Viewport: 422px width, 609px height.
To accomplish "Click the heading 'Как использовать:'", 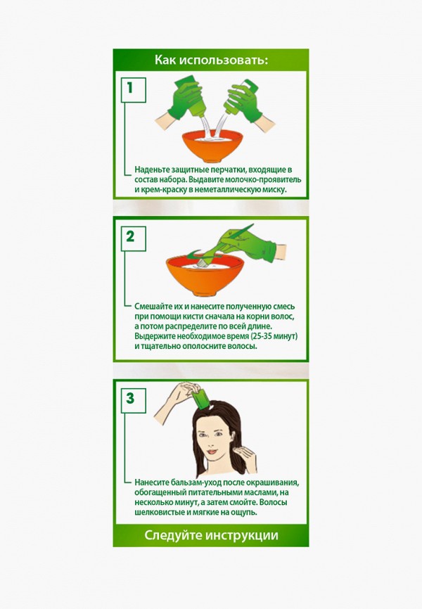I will [211, 60].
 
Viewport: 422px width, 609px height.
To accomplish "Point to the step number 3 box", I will [130, 399].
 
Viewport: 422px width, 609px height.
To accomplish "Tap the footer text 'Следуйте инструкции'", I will [211, 535].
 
